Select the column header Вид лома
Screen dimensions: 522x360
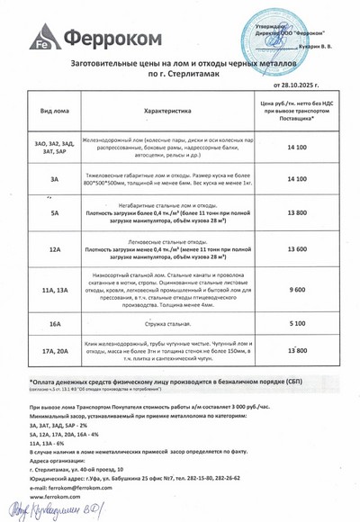(x=56, y=110)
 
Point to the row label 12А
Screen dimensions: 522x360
(x=56, y=249)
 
